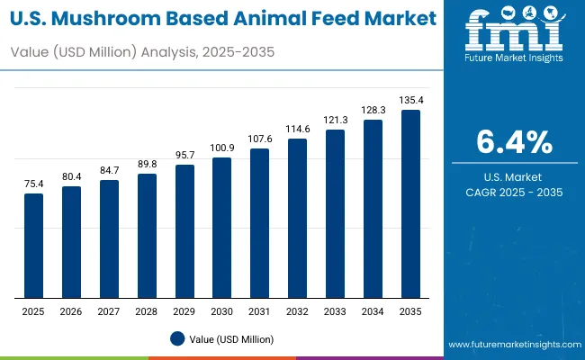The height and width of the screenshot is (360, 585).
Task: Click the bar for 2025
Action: tap(33, 246)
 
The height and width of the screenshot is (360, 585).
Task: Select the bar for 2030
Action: tap(221, 228)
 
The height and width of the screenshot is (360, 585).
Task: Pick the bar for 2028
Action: tap(147, 236)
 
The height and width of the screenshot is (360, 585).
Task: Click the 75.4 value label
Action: tap(33, 183)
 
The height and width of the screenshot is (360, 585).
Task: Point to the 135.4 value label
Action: tap(410, 100)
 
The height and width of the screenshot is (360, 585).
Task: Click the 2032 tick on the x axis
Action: tap(297, 310)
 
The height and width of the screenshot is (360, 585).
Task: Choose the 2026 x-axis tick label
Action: tap(71, 310)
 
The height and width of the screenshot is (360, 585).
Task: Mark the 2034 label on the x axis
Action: tap(373, 310)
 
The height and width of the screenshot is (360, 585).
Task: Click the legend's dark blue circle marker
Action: tap(177, 338)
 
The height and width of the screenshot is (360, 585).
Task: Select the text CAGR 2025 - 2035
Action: tap(515, 192)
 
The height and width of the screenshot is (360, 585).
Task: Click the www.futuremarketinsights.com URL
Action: tap(510, 345)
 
